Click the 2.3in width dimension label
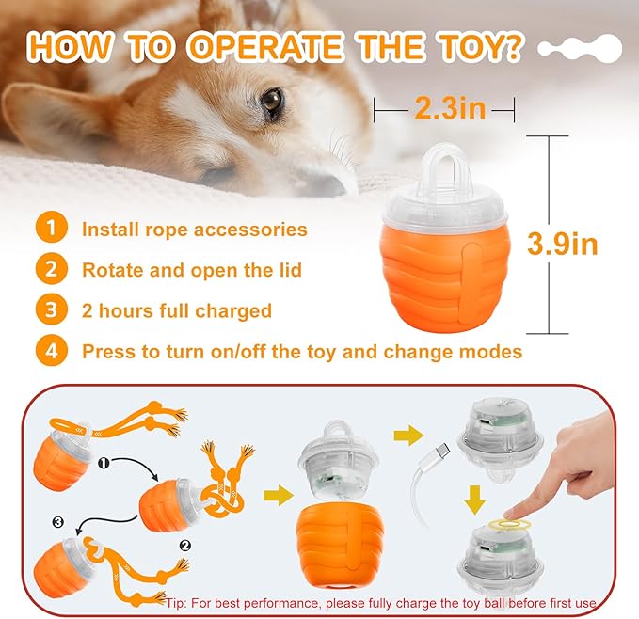pyautogui.click(x=449, y=109)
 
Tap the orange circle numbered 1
pyautogui.click(x=52, y=229)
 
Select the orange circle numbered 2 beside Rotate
pyautogui.click(x=52, y=270)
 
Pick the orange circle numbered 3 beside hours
pyautogui.click(x=52, y=310)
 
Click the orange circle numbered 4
pyautogui.click(x=52, y=352)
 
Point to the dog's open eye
pyautogui.click(x=272, y=101)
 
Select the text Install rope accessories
pyautogui.click(x=194, y=229)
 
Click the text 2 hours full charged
pyautogui.click(x=176, y=310)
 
